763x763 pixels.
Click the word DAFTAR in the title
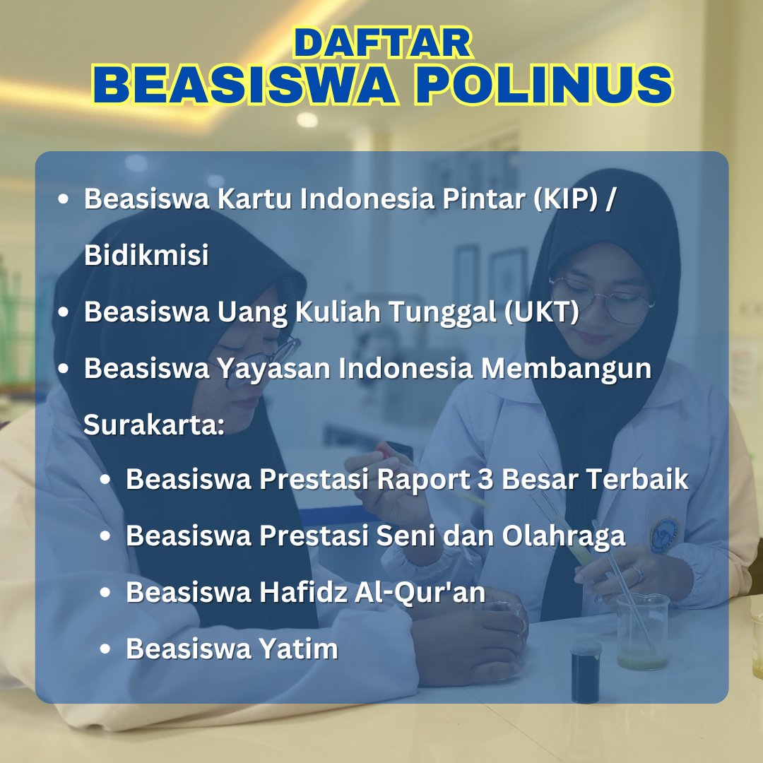pos(383,43)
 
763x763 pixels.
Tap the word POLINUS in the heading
pos(543,85)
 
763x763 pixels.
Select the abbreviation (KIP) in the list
pos(565,199)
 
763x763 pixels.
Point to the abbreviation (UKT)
pos(542,312)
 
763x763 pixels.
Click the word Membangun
pos(566,369)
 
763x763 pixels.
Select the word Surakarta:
pos(154,425)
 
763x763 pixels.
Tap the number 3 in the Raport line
pos(485,479)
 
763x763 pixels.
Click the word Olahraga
pos(564,536)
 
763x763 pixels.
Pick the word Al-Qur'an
pos(420,593)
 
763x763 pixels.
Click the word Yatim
pos(298,649)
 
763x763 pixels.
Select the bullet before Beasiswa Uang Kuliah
pos(63,312)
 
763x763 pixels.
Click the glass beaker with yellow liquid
pos(641,632)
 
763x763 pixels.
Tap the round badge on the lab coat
pos(664,534)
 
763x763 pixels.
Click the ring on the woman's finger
pos(637,574)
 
